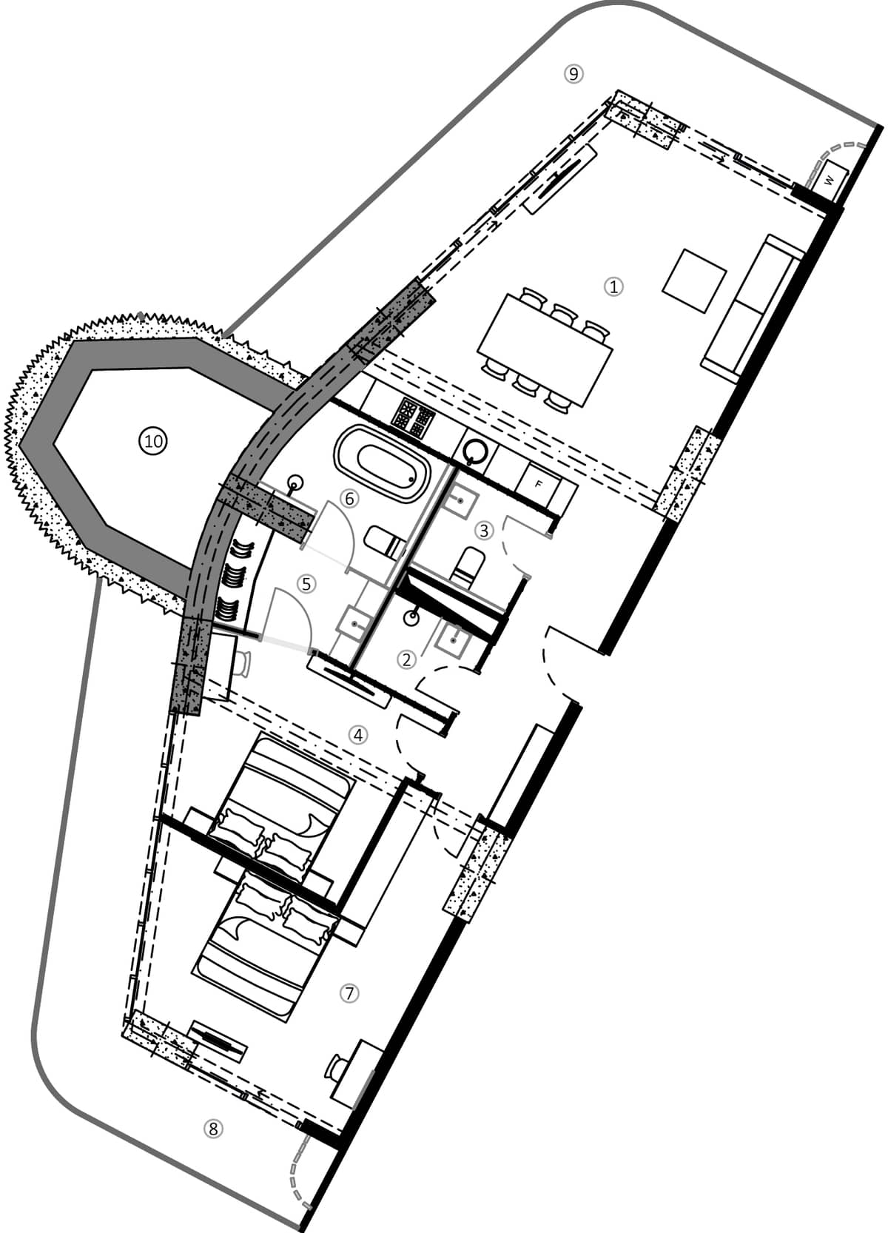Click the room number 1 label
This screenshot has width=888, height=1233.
[613, 286]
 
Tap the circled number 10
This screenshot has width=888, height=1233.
[153, 442]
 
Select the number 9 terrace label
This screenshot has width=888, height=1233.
[573, 73]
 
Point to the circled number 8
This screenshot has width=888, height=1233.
[213, 1129]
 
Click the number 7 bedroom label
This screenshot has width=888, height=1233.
[349, 993]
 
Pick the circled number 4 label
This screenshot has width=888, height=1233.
[358, 735]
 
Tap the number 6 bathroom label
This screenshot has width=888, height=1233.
[349, 499]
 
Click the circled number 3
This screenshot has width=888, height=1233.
[484, 530]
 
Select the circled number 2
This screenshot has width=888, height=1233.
[406, 659]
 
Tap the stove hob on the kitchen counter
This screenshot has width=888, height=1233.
[411, 417]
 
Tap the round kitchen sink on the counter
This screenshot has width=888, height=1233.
[474, 448]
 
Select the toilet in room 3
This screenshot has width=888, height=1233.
[467, 566]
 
